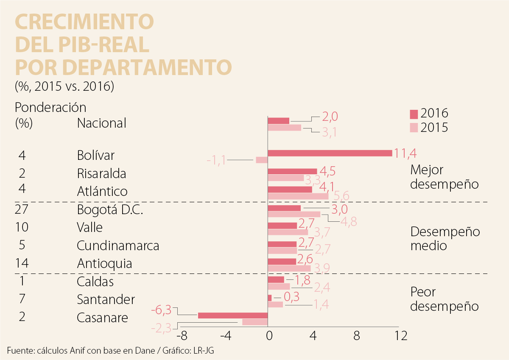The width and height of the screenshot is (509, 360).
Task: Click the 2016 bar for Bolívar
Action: click(330, 153)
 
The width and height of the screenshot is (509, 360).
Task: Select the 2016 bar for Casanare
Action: click(232, 315)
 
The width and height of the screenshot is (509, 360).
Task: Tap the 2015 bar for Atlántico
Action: click(298, 196)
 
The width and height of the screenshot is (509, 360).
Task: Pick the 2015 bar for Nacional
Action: click(284, 127)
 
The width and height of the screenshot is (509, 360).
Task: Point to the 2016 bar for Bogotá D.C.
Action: click(284, 208)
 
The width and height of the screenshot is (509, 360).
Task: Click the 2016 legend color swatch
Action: click(414, 114)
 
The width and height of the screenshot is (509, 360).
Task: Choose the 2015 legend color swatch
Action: click(414, 127)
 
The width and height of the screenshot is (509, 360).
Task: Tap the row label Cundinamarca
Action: click(118, 246)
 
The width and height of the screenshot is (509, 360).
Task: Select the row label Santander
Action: click(106, 299)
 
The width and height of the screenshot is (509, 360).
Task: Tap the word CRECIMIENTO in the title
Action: click(84, 22)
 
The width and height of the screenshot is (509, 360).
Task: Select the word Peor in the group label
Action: click(423, 292)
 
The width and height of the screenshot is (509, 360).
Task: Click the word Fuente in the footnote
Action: click(20, 350)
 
